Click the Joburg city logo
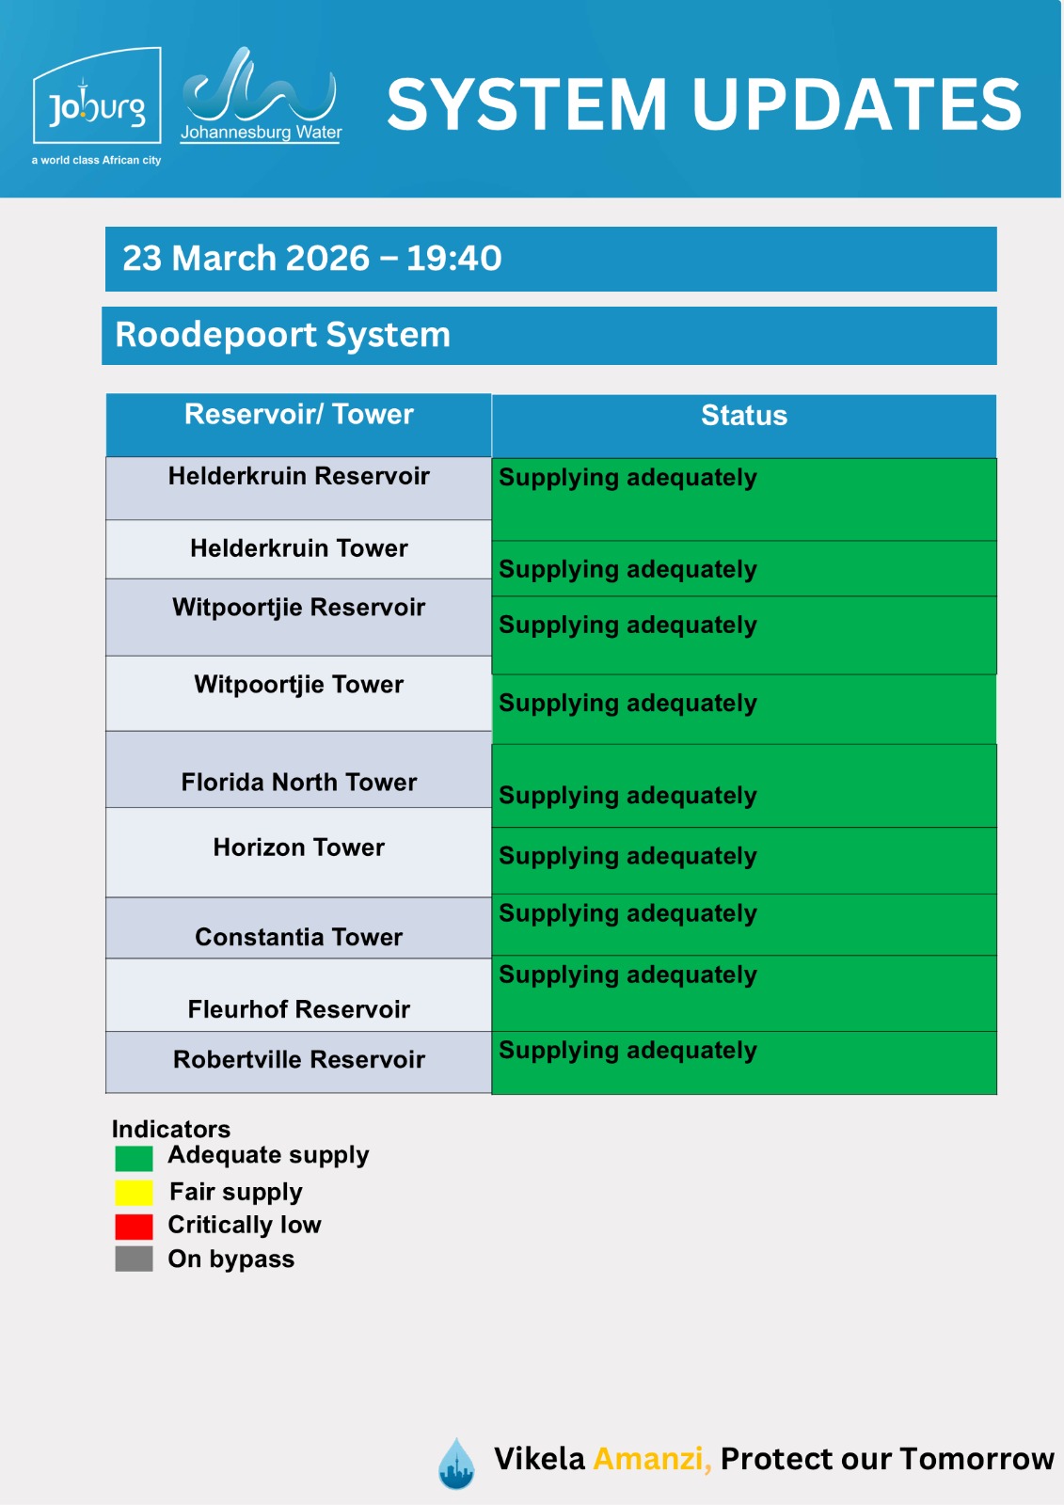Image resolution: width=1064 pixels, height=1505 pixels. pyautogui.click(x=97, y=104)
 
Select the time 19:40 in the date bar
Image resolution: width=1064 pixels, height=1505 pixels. pyautogui.click(x=453, y=258)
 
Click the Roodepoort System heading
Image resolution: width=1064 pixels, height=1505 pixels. pyautogui.click(x=282, y=335)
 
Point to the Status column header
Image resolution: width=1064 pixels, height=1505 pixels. pyautogui.click(x=743, y=416)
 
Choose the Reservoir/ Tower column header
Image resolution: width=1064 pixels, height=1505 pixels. pyautogui.click(x=298, y=415)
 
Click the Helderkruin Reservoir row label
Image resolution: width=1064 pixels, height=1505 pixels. pyautogui.click(x=298, y=476)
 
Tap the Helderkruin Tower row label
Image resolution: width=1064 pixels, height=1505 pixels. pyautogui.click(x=298, y=548)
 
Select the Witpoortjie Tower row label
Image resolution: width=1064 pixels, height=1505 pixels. pyautogui.click(x=298, y=685)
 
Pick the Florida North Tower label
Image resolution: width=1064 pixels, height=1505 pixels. pyautogui.click(x=298, y=783)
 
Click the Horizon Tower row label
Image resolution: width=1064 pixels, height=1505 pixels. pyautogui.click(x=298, y=848)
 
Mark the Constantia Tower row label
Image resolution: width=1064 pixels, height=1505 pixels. pyautogui.click(x=298, y=937)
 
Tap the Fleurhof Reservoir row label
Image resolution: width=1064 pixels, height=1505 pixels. pyautogui.click(x=298, y=1009)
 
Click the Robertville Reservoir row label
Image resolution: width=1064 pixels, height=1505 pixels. pyautogui.click(x=298, y=1059)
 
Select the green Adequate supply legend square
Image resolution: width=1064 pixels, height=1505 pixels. pyautogui.click(x=134, y=1158)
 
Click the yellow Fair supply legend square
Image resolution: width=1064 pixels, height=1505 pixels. pyautogui.click(x=134, y=1193)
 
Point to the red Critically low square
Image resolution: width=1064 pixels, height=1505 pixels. pyautogui.click(x=134, y=1227)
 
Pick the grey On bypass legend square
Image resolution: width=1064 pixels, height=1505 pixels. pyautogui.click(x=134, y=1259)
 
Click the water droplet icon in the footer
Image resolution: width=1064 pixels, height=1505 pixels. pyautogui.click(x=457, y=1464)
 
